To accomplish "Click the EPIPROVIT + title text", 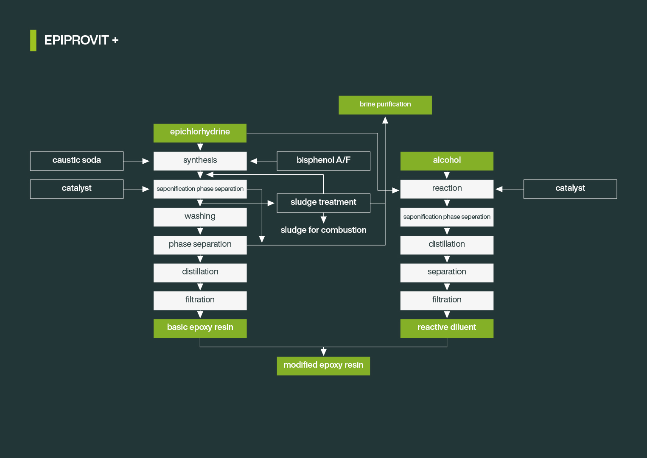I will (81, 40).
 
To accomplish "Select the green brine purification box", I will (385, 105).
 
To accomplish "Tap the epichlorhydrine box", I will (200, 133).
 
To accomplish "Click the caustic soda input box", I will (77, 161).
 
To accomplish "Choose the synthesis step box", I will (200, 161).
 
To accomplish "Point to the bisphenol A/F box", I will (323, 161).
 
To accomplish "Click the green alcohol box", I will (447, 161).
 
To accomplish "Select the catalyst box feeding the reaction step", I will (570, 189).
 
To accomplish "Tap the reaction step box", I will (447, 189).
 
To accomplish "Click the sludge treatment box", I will (323, 203).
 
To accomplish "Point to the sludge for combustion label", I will (323, 230).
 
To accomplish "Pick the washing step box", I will (200, 217).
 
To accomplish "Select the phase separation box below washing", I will (200, 245).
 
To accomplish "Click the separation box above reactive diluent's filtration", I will (447, 272).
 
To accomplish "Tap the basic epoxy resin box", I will (200, 328).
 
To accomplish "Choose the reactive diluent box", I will (447, 328).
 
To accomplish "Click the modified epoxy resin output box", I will (323, 366).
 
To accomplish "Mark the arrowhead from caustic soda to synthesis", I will (146, 161).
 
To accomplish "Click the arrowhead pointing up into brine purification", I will (385, 120).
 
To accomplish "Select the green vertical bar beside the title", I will (33, 40).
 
